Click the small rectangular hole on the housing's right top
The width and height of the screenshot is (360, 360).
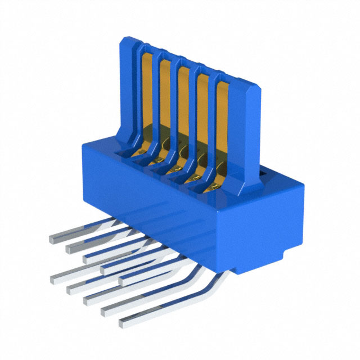coord(263,177)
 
